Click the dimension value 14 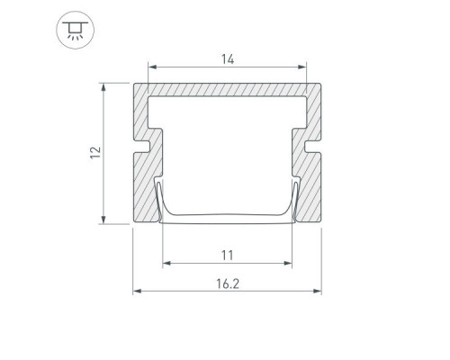point(228,59)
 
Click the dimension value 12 point(95,153)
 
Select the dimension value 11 point(227,256)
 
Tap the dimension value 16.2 point(228,283)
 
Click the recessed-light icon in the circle point(75,30)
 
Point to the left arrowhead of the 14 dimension point(152,67)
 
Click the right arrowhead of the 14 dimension point(302,67)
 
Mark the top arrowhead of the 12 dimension point(103,87)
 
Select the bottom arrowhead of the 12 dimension point(103,220)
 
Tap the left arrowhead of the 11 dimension point(166,263)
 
